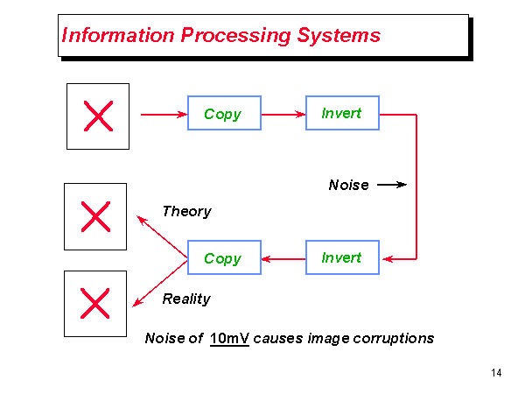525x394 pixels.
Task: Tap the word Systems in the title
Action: pyautogui.click(x=338, y=36)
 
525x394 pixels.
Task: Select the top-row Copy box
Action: pyautogui.click(x=224, y=114)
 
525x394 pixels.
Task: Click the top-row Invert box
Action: pyautogui.click(x=342, y=113)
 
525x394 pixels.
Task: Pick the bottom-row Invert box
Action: pyautogui.click(x=342, y=257)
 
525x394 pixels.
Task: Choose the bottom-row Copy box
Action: pyautogui.click(x=224, y=258)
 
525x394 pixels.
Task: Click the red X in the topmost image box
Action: pyautogui.click(x=98, y=116)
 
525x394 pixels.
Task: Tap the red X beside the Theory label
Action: pyautogui.click(x=94, y=216)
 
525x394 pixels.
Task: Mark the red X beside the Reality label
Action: pyautogui.click(x=94, y=303)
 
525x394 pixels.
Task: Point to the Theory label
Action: pyautogui.click(x=186, y=211)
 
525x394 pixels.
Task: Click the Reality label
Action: pyautogui.click(x=186, y=299)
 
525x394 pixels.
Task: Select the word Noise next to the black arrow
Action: pyautogui.click(x=348, y=185)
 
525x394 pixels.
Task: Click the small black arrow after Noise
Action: pyautogui.click(x=392, y=185)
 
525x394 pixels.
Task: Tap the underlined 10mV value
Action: pyautogui.click(x=230, y=338)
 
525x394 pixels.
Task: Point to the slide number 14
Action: pyautogui.click(x=496, y=374)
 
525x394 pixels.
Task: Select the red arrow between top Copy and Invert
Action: pyautogui.click(x=283, y=114)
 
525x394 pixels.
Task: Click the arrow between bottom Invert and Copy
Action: pyautogui.click(x=283, y=258)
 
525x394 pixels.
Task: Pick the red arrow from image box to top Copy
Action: pyautogui.click(x=164, y=114)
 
